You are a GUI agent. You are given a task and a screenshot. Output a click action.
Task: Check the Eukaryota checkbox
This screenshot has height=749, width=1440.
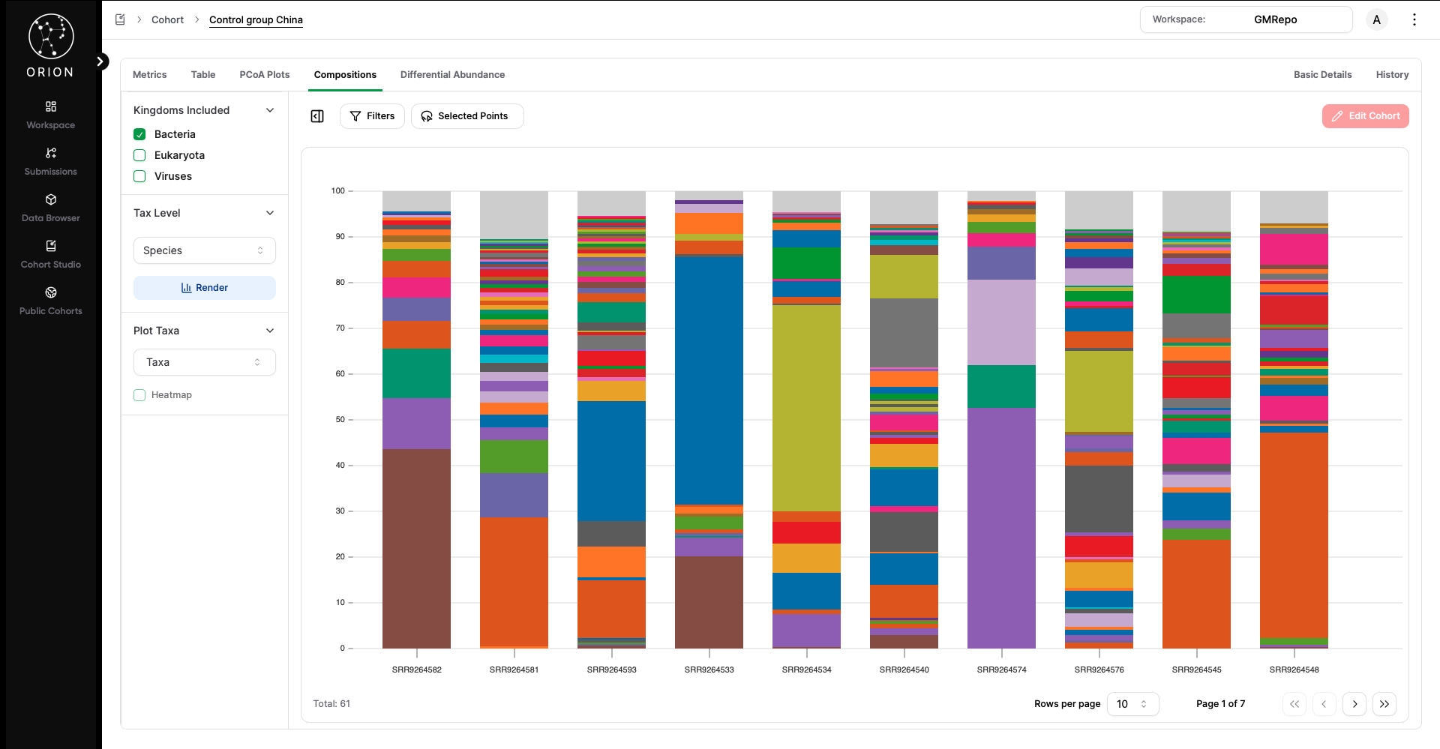(139, 155)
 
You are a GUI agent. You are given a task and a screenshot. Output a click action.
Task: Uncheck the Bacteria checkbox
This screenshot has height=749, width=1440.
(139, 134)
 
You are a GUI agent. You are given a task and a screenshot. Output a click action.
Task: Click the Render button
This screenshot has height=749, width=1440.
(205, 288)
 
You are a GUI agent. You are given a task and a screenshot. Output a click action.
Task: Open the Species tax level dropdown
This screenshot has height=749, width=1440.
(205, 250)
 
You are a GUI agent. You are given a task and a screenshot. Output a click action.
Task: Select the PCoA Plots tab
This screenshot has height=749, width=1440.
(264, 75)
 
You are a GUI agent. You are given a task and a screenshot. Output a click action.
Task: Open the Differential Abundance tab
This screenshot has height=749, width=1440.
(452, 75)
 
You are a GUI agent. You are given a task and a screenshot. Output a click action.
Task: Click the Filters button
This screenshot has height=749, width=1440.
(372, 116)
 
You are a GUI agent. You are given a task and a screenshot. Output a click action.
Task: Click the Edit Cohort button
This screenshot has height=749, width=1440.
(1365, 116)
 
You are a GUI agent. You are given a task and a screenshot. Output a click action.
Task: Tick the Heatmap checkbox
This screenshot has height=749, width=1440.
(139, 395)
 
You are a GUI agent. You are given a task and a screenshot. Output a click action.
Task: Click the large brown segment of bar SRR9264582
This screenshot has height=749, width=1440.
(416, 547)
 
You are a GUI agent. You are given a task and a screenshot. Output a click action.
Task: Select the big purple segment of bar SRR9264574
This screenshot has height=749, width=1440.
(1001, 525)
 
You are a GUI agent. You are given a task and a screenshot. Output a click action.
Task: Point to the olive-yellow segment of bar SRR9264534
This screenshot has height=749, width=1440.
(806, 409)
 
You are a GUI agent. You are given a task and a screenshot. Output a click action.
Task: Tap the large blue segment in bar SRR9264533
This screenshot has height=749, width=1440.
(709, 379)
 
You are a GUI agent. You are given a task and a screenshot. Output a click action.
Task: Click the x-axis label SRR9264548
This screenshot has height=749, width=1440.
(1294, 670)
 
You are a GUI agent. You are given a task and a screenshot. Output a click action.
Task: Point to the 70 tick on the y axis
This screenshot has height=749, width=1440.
(340, 328)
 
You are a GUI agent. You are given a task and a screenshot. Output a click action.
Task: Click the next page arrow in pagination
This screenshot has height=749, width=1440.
(1354, 704)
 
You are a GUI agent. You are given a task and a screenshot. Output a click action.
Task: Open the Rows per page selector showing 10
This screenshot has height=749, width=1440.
(1132, 704)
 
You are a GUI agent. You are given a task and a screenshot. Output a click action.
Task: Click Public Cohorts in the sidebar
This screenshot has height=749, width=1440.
(50, 300)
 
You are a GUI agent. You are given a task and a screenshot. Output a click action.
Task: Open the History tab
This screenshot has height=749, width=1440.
(1392, 75)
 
